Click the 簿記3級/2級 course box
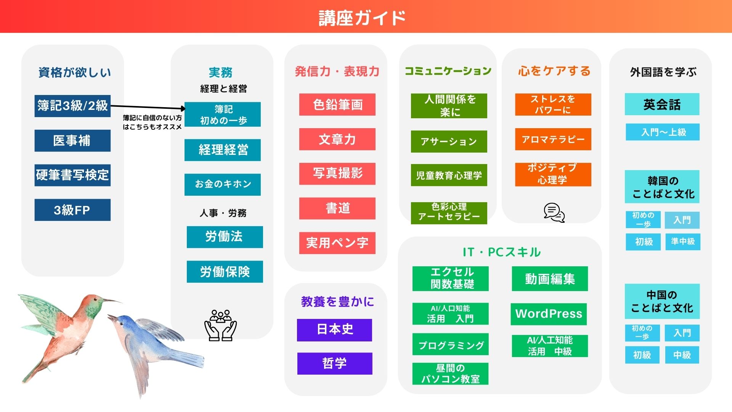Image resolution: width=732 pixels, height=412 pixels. pos(72,106)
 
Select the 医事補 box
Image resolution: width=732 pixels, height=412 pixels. pos(72,140)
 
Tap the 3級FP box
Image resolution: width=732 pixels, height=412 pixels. pos(72,210)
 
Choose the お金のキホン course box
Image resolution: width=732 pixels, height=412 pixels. pos(223,185)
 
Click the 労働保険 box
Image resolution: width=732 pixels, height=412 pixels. pos(225,272)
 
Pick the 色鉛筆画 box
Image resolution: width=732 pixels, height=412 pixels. pos(337,105)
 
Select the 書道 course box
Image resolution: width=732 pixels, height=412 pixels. pos(337,208)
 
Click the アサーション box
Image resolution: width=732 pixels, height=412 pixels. pos(449,142)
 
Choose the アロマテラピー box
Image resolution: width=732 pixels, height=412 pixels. pos(553,139)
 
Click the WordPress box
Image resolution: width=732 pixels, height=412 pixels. pos(549,314)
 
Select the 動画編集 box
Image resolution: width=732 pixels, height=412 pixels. pos(550,279)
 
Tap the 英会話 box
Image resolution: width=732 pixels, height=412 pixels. pos(662,104)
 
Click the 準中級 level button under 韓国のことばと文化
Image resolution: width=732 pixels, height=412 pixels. pos(683,242)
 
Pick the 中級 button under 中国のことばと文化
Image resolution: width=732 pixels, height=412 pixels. pos(682,355)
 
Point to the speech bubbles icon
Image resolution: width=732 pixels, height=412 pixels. pos(554,212)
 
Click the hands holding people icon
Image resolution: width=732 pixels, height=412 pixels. pos(221,325)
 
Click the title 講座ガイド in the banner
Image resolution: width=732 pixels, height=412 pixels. pos(362,18)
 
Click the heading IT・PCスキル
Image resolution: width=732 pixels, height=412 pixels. pos(502,252)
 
